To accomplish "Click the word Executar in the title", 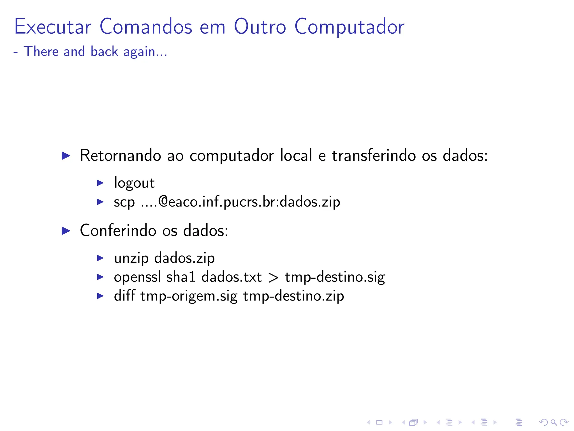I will [x=53, y=27].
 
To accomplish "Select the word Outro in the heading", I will [x=260, y=27].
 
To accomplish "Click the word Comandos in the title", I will [x=146, y=27].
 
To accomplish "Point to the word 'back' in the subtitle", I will [x=104, y=51].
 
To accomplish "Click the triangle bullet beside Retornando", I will [x=66, y=155].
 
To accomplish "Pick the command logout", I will [x=134, y=183].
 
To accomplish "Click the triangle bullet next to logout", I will [x=100, y=183].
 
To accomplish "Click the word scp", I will [x=124, y=202].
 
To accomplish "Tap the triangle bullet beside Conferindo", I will [x=66, y=231].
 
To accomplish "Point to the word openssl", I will [x=137, y=277].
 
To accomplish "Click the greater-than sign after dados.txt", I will [x=273, y=278].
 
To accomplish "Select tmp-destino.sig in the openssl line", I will [x=335, y=277].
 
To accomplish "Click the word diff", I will [x=124, y=296].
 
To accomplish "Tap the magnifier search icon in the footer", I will [x=554, y=422].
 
